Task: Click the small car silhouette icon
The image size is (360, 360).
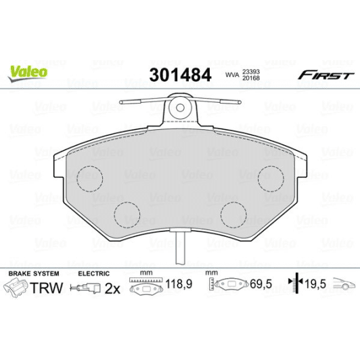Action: (x=338, y=286)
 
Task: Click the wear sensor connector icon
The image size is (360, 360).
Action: (x=87, y=289)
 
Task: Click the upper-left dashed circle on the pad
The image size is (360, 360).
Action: (x=87, y=178)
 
